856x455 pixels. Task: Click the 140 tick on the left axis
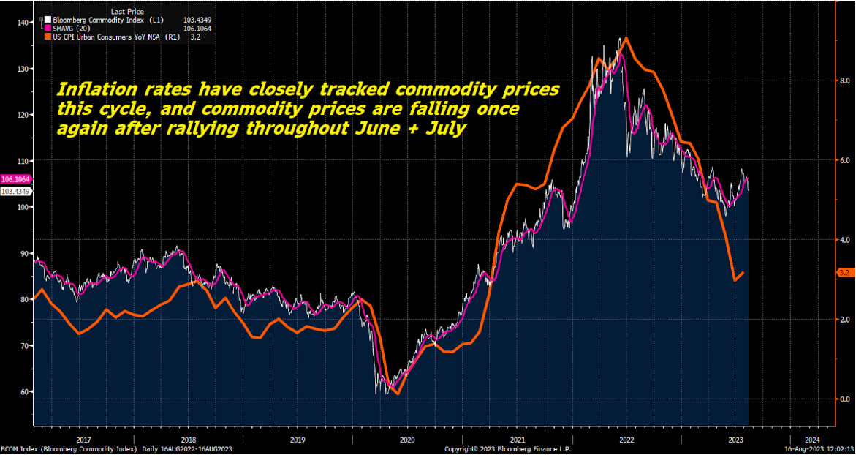(22, 23)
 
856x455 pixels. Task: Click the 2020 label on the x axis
(407, 440)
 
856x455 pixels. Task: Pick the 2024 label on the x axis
(812, 440)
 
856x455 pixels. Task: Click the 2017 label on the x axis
(83, 440)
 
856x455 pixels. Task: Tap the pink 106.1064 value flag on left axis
(15, 179)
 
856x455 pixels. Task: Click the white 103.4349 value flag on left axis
(15, 191)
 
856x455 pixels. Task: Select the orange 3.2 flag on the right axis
(844, 273)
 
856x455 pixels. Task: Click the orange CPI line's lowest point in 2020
(397, 394)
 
